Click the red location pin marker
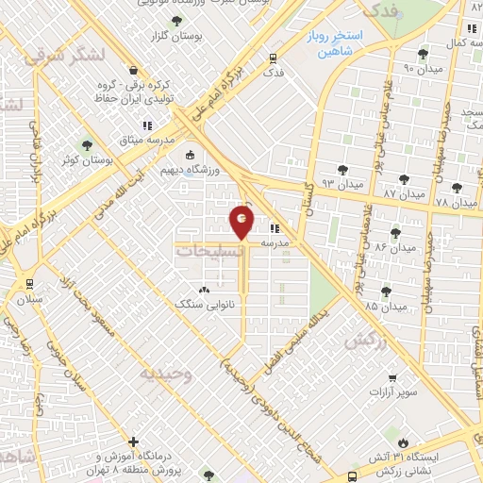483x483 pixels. tap(242, 223)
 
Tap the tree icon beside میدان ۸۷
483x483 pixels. tap(405, 178)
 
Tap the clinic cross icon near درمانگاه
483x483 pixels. tap(134, 441)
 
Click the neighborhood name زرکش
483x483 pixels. tap(367, 341)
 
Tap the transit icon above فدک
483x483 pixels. tap(274, 57)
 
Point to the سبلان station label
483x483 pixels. tap(30, 298)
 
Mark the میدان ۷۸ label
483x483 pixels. tap(457, 203)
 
